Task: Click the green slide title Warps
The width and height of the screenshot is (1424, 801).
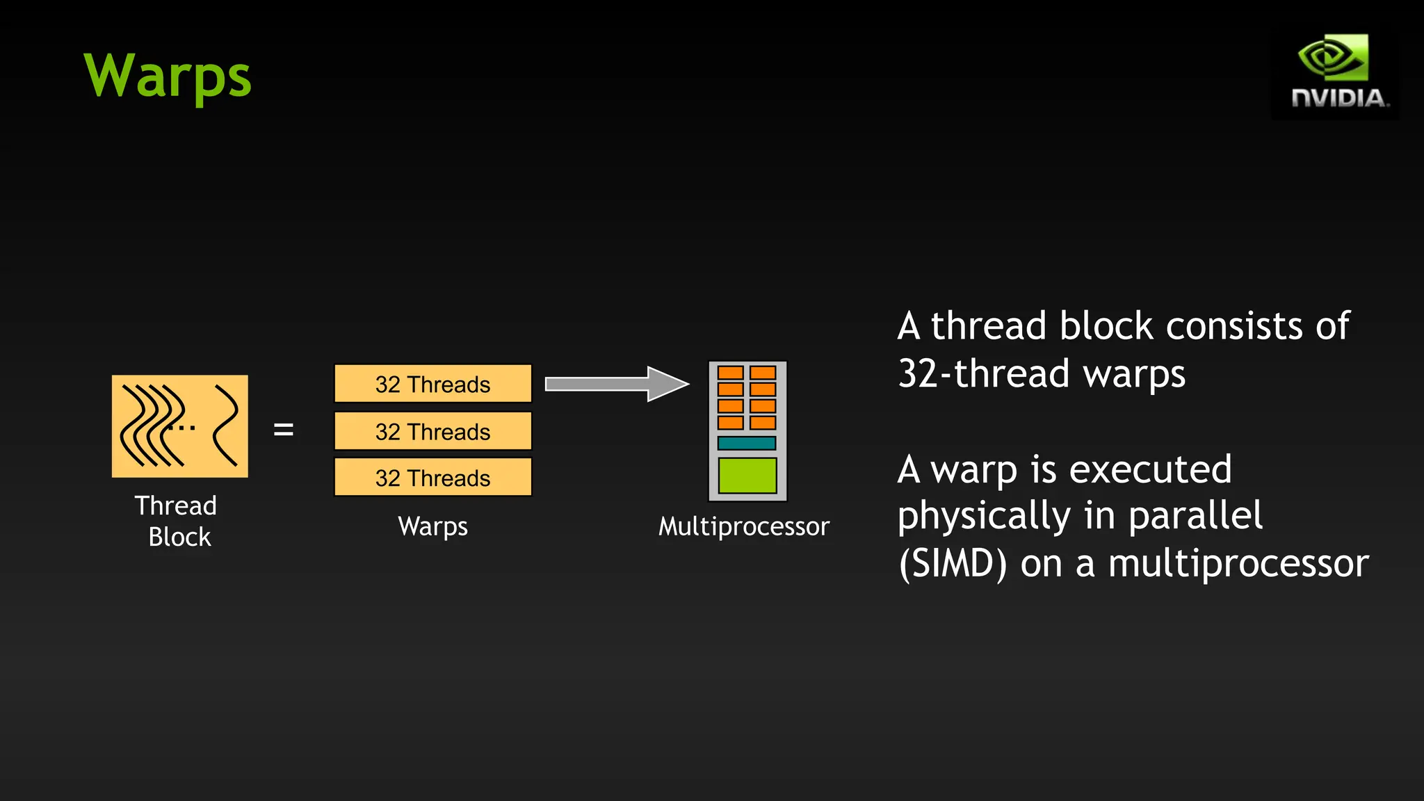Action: pos(167,76)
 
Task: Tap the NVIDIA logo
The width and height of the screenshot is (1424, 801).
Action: pos(1335,74)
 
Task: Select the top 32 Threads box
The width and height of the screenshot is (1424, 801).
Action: pos(432,384)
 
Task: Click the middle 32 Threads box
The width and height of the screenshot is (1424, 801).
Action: pos(432,431)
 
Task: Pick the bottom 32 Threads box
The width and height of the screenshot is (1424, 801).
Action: pos(432,478)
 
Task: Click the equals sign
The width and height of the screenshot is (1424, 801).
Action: pos(284,430)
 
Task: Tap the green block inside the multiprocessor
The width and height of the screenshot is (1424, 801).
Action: pos(747,476)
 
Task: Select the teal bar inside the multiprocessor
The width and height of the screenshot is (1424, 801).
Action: pos(747,443)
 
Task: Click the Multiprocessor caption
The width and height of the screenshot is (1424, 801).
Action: pos(744,526)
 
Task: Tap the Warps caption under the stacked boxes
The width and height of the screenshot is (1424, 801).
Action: pos(432,526)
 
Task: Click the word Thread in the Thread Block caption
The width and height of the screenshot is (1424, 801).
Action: pos(176,505)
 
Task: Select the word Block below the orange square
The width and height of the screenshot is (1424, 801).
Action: pos(179,537)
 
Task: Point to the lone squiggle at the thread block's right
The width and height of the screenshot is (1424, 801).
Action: pos(226,425)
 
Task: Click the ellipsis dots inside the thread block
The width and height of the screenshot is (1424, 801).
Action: pos(184,428)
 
